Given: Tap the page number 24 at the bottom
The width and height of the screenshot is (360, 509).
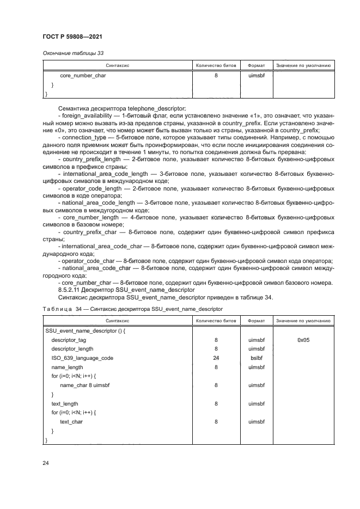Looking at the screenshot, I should click(x=46, y=463).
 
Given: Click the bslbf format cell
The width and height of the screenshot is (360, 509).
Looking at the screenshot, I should click(x=256, y=358).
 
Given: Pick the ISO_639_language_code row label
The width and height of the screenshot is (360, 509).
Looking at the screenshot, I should click(x=82, y=358).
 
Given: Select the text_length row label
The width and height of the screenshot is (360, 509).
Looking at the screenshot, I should click(x=65, y=403).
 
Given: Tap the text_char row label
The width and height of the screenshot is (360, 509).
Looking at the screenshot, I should click(x=71, y=421).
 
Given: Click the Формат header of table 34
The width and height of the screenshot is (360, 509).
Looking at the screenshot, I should click(x=256, y=321).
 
